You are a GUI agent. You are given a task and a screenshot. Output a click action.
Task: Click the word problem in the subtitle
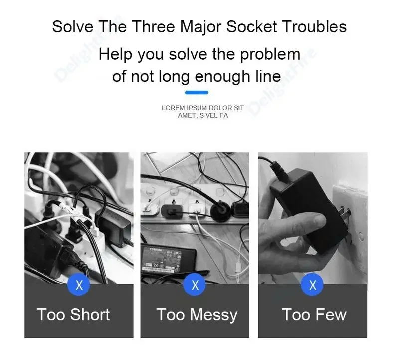tap(270, 55)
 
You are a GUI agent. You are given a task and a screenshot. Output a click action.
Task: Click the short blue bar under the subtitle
tap(197, 93)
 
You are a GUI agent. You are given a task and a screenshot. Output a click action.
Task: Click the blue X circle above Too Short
tap(79, 284)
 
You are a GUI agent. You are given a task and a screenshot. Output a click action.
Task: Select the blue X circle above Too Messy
tap(195, 284)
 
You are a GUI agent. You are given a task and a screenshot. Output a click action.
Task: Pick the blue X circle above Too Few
tap(312, 284)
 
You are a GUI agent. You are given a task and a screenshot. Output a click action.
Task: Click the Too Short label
tap(73, 315)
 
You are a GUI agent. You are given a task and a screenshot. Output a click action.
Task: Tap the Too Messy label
tap(197, 315)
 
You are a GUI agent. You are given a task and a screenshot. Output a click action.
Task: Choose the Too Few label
tap(314, 315)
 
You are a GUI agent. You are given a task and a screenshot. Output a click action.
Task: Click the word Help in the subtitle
tap(116, 55)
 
